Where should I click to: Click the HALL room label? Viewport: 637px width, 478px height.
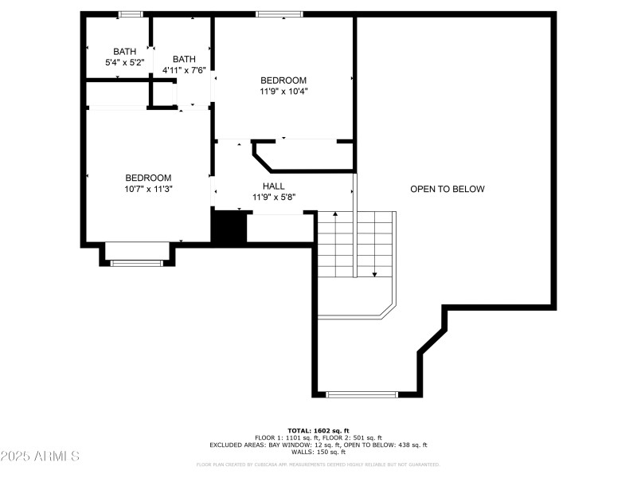pyautogui.click(x=273, y=186)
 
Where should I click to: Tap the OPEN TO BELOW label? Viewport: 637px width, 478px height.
pyautogui.click(x=447, y=189)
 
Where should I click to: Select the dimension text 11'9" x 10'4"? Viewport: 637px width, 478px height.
pyautogui.click(x=283, y=91)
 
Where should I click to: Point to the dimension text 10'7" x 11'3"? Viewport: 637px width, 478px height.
pyautogui.click(x=148, y=189)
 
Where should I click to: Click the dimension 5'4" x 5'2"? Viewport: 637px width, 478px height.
pyautogui.click(x=124, y=61)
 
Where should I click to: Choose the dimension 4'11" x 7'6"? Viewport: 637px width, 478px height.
pyautogui.click(x=184, y=69)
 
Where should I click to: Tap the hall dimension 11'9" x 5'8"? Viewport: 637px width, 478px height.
pyautogui.click(x=273, y=196)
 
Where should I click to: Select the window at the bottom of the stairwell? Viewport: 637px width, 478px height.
pyautogui.click(x=362, y=394)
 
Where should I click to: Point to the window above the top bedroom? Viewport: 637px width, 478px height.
pyautogui.click(x=279, y=14)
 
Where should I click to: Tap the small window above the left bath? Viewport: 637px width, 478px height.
pyautogui.click(x=130, y=14)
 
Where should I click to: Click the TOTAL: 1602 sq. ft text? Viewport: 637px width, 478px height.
pyautogui.click(x=318, y=430)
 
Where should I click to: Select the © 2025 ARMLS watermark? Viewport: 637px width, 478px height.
pyautogui.click(x=40, y=456)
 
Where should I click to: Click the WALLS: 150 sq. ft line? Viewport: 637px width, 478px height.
pyautogui.click(x=318, y=452)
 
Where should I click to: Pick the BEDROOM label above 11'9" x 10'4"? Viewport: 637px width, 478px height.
pyautogui.click(x=283, y=80)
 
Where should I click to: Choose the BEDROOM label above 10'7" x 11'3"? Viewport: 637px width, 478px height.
pyautogui.click(x=148, y=178)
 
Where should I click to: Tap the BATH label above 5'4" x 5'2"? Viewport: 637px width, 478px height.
pyautogui.click(x=124, y=51)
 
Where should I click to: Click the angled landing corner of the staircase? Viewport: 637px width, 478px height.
pyautogui.click(x=388, y=310)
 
